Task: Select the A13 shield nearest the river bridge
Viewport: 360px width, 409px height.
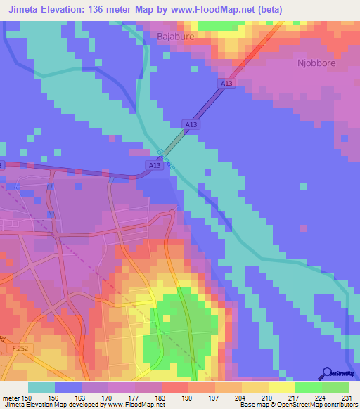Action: click(155, 165)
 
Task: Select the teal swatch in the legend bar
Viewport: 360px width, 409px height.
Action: click(41, 387)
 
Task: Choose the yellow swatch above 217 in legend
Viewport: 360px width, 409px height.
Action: click(281, 387)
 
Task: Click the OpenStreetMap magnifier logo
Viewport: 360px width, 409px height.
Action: click(327, 374)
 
